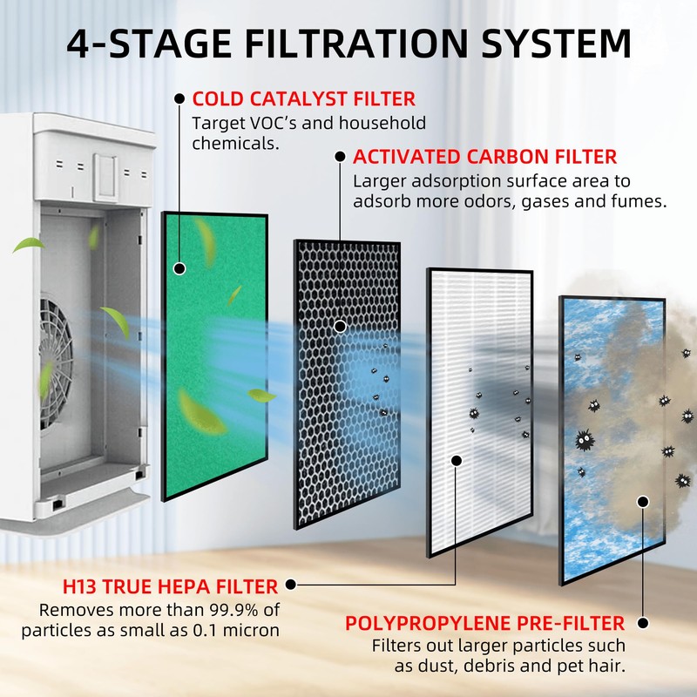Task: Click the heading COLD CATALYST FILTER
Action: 303,99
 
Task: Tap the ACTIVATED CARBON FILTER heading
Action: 484,158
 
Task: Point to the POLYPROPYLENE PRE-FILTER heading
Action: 485,624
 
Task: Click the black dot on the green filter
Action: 180,268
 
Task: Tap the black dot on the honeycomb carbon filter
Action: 341,327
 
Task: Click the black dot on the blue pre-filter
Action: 643,501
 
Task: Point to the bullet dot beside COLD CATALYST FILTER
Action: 179,99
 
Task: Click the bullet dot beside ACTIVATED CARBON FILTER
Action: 340,158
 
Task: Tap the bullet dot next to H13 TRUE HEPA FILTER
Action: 291,586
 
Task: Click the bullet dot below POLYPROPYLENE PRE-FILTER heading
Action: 643,624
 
